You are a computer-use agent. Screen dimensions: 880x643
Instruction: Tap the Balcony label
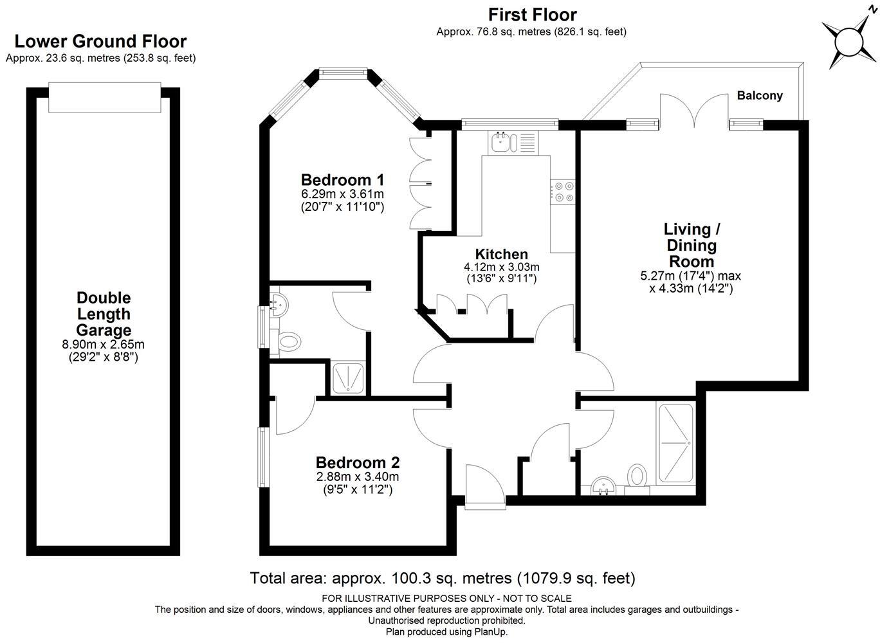(x=760, y=95)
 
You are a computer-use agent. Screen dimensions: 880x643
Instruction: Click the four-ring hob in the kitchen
(x=563, y=192)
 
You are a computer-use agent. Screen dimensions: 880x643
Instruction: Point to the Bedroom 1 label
(x=342, y=180)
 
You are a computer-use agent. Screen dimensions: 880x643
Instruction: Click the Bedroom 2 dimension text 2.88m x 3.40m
(x=357, y=477)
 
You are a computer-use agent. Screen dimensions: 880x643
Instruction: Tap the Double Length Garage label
(x=104, y=314)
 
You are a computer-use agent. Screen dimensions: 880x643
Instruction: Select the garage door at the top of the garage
(x=104, y=97)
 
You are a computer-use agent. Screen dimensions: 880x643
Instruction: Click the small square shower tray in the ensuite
(x=349, y=378)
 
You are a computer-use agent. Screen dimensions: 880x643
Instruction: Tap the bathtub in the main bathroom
(x=675, y=443)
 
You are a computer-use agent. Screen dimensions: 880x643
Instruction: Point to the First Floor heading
(x=533, y=15)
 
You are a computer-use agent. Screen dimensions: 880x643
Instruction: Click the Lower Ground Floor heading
(x=100, y=41)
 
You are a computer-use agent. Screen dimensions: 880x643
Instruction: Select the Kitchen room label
(x=501, y=254)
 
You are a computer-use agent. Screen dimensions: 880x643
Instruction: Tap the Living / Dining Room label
(x=692, y=246)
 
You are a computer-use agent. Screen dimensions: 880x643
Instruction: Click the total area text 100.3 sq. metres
(x=452, y=579)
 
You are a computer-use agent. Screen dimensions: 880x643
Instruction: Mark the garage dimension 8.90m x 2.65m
(x=104, y=345)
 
